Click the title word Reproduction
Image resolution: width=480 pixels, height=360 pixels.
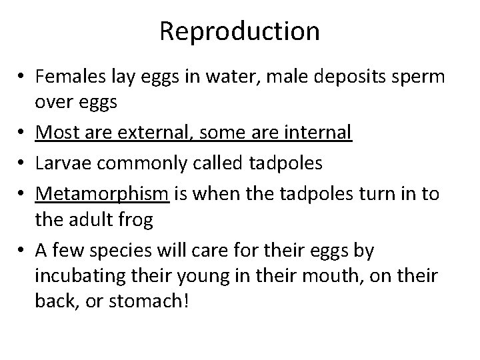tap(239, 31)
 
